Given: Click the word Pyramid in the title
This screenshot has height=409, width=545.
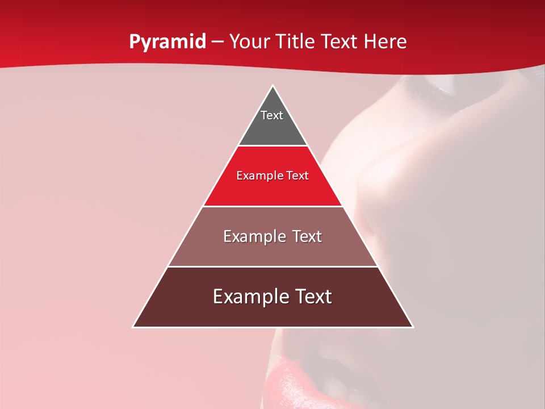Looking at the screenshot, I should (x=167, y=42).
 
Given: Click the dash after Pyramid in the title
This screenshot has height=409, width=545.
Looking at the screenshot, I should (x=217, y=43).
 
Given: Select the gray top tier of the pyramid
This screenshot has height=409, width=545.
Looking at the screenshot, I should (x=272, y=128).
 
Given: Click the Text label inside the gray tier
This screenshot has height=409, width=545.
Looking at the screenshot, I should (x=272, y=115).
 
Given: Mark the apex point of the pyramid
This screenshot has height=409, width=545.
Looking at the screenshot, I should (x=272, y=86).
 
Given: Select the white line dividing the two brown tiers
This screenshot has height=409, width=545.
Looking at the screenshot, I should (x=272, y=266).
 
